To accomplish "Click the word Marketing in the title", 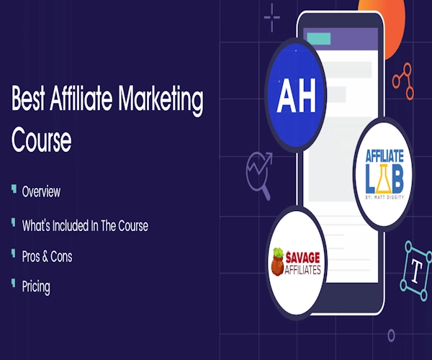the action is [x=161, y=100].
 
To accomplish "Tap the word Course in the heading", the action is [x=41, y=140].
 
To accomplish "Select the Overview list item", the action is [x=41, y=192].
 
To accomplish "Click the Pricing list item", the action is [x=36, y=287].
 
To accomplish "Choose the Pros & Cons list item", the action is [x=47, y=256].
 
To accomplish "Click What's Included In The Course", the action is [x=85, y=225].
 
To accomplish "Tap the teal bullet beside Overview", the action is [x=14, y=189].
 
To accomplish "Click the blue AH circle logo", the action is [x=296, y=95].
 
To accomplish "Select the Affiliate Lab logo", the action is [x=384, y=174].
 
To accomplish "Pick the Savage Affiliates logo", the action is [x=297, y=263].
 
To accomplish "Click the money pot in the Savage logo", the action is [x=278, y=261].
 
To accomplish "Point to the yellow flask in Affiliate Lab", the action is [x=384, y=179].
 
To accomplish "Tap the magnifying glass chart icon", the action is [x=259, y=176].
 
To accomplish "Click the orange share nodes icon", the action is [x=403, y=81].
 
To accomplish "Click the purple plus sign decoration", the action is [x=272, y=17].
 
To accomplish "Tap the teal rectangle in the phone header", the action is [x=319, y=39].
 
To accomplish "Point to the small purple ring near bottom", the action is [x=391, y=336].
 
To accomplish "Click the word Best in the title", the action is [x=28, y=98].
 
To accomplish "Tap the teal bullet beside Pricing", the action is [x=14, y=283].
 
